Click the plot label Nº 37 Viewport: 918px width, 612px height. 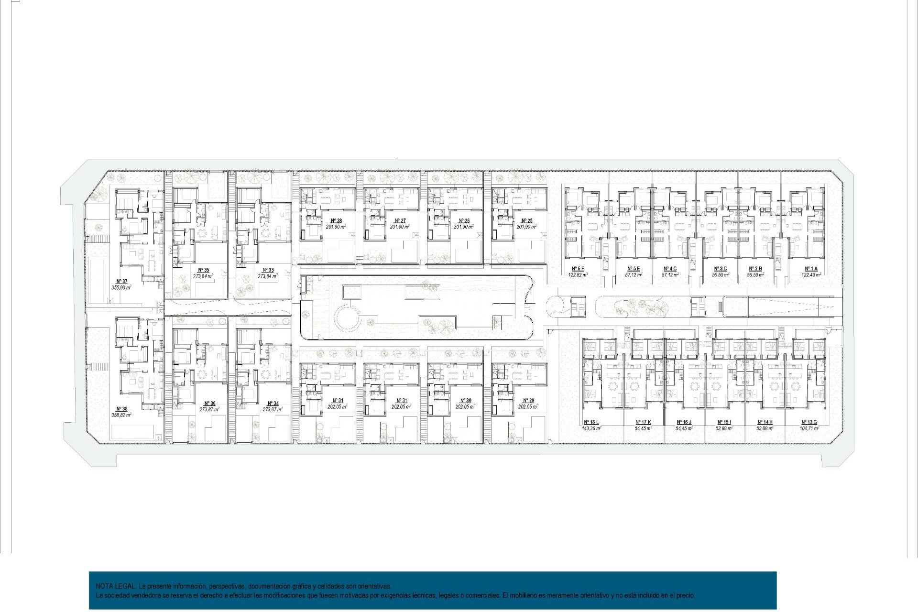click(x=122, y=282)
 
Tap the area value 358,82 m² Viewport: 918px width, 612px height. click(x=121, y=415)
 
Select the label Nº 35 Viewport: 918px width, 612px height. click(x=203, y=270)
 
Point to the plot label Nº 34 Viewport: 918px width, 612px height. click(x=273, y=404)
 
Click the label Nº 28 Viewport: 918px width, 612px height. click(x=336, y=221)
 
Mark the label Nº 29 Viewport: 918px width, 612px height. click(x=528, y=401)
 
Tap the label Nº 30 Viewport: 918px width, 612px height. click(x=465, y=401)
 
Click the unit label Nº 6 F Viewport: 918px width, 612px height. click(x=578, y=269)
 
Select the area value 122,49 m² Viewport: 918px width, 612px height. click(x=811, y=275)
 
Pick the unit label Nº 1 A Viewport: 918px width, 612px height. click(x=811, y=269)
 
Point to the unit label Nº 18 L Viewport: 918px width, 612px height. click(x=591, y=422)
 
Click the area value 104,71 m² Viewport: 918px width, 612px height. click(x=809, y=428)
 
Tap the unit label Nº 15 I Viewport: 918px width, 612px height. click(x=724, y=422)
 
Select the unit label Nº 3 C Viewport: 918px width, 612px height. click(x=720, y=269)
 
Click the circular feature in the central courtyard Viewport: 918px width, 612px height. click(x=348, y=318)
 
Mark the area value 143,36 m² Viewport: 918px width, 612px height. click(x=591, y=428)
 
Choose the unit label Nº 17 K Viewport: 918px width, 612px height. click(x=643, y=422)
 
